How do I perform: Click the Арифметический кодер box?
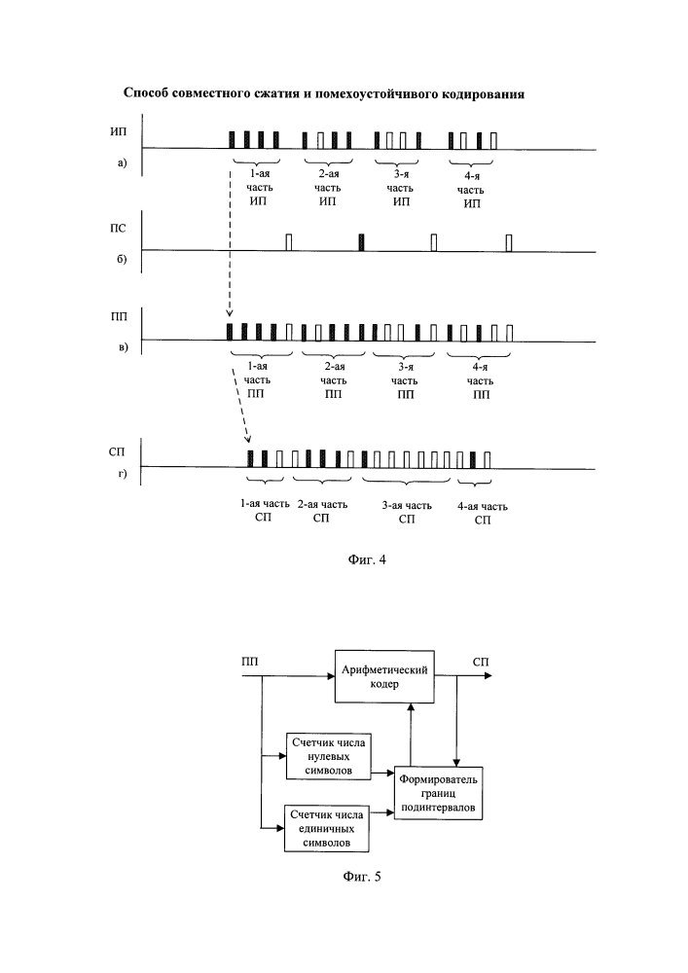(384, 676)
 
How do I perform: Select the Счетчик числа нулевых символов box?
(329, 756)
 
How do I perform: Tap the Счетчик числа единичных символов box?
(326, 828)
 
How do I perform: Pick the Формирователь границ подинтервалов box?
(438, 793)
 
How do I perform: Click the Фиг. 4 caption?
(366, 559)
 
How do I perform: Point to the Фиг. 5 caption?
(362, 877)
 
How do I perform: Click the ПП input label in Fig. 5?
(250, 662)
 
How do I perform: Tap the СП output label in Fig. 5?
(481, 662)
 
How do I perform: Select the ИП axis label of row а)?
(118, 131)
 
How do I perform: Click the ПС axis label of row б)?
(118, 229)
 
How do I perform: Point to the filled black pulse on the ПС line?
(362, 242)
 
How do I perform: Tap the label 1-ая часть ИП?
(258, 188)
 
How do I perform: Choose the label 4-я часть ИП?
(472, 190)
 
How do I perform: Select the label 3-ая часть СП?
(407, 512)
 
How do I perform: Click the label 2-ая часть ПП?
(334, 380)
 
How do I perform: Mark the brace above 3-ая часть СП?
(407, 481)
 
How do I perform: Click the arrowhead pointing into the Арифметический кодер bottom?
(410, 707)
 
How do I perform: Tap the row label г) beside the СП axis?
(123, 474)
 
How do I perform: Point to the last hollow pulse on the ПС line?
(509, 242)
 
